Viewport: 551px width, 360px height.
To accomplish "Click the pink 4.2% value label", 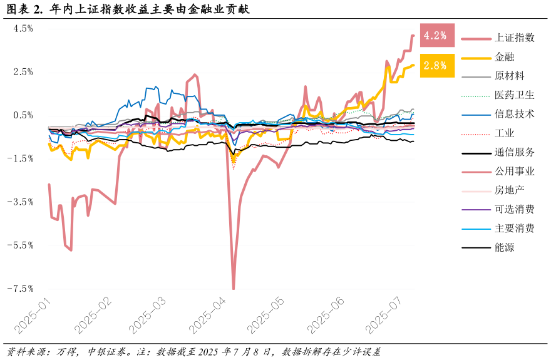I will click(x=436, y=36).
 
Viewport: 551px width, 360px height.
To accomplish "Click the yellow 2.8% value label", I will click(x=436, y=65).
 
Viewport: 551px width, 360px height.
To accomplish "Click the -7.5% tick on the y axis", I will click(x=21, y=289).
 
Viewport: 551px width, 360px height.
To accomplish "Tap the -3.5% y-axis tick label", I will click(x=21, y=202).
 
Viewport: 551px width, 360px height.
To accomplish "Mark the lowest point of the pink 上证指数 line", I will click(x=234, y=289).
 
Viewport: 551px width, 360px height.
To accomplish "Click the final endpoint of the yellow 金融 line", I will click(x=413, y=65).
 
